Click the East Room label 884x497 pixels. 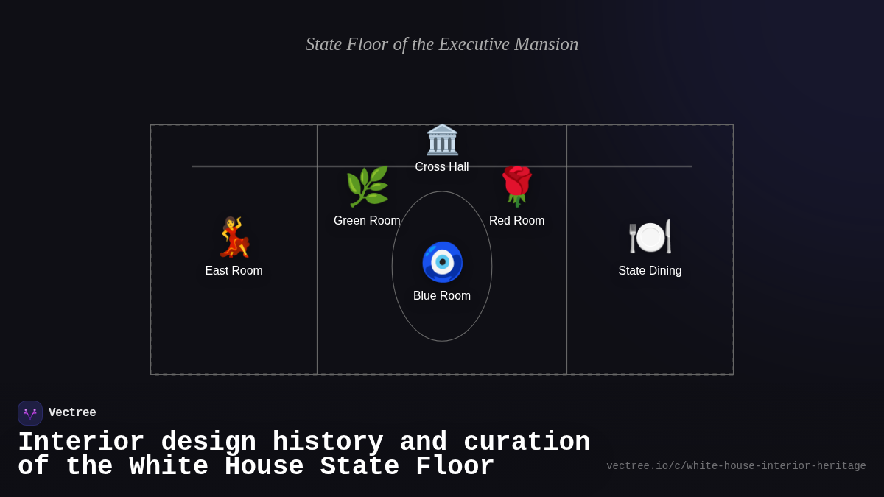(234, 271)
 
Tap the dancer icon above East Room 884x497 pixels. (234, 237)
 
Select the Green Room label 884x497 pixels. (367, 221)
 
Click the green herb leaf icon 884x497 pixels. (367, 186)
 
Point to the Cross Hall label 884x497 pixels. (442, 167)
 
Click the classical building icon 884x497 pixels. (442, 140)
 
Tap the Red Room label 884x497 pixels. (517, 221)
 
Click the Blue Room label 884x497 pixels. (442, 296)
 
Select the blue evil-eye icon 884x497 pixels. (442, 261)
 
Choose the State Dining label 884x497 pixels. (650, 271)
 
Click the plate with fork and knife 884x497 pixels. (650, 236)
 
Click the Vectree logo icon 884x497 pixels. (30, 413)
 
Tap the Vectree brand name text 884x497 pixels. (72, 413)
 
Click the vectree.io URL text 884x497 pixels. (736, 466)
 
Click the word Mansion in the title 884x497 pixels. (546, 44)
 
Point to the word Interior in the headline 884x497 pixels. (81, 443)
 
